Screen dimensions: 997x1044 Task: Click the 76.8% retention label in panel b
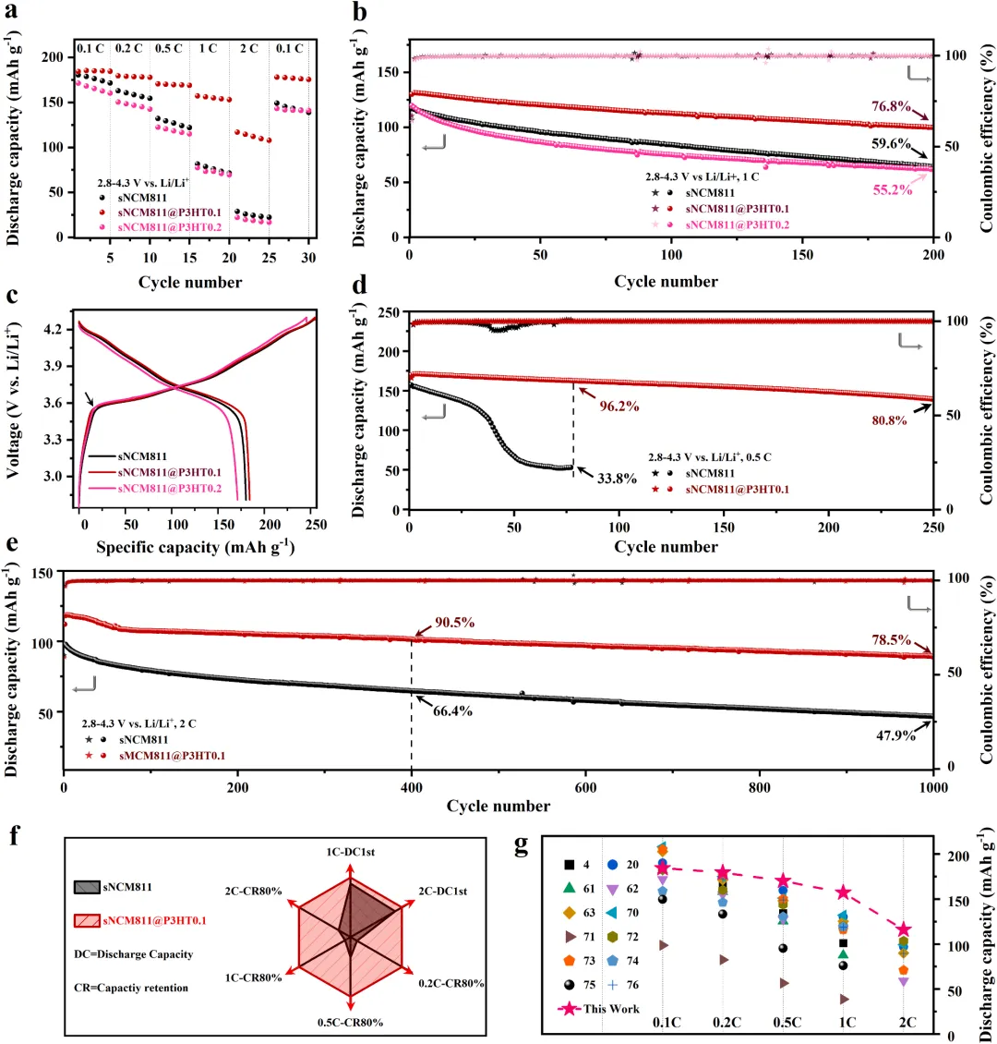point(891,106)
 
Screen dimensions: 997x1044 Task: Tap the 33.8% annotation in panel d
point(617,478)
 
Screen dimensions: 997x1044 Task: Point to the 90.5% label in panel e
point(455,623)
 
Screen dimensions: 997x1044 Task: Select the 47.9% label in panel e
point(895,735)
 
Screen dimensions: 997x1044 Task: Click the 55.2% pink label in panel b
point(893,189)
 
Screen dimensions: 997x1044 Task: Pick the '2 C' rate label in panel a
point(248,49)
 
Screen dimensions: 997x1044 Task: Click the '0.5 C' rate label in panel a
point(168,49)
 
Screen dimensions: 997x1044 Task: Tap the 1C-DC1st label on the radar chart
point(351,852)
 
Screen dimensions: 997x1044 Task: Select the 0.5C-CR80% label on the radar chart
point(350,1022)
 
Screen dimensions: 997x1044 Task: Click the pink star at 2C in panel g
point(903,929)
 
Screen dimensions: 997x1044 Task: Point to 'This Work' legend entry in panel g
point(611,1009)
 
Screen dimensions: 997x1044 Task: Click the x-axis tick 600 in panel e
point(585,788)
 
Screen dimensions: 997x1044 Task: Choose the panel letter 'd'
point(359,285)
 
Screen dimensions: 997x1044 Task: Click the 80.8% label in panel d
point(889,420)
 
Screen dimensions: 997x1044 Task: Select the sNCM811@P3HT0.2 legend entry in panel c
point(170,489)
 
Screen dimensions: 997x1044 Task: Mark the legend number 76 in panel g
point(631,985)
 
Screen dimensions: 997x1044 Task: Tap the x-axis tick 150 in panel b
point(802,255)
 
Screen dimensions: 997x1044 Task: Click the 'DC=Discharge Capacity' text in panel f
point(134,954)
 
